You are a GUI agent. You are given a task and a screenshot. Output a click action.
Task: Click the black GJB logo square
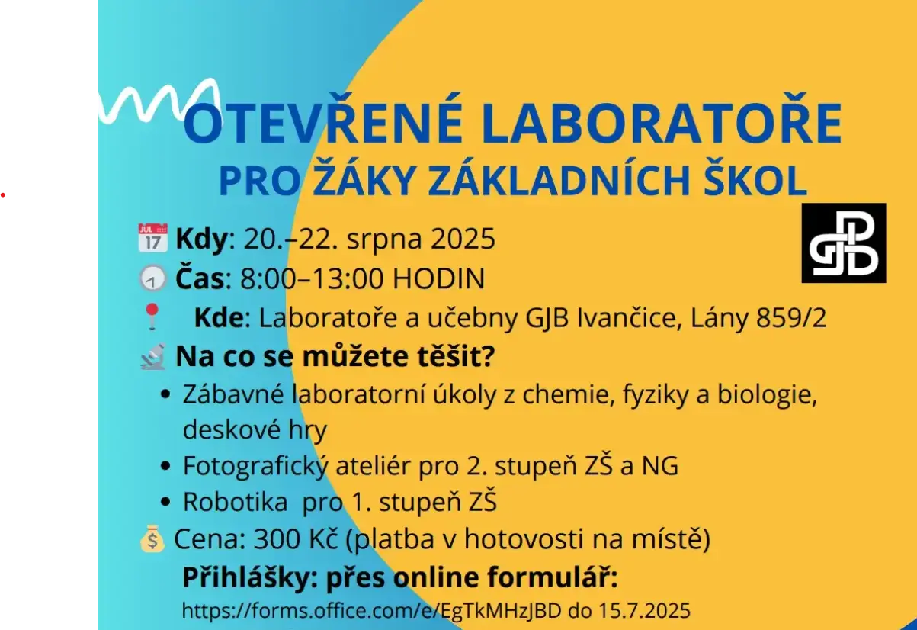click(844, 243)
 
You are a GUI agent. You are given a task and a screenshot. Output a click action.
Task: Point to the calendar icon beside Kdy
click(152, 238)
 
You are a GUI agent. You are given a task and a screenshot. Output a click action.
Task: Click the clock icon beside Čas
click(152, 279)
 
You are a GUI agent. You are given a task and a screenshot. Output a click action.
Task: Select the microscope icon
click(152, 356)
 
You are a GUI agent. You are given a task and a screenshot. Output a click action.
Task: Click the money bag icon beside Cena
click(152, 540)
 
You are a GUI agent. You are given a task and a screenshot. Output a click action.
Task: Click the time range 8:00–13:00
click(312, 279)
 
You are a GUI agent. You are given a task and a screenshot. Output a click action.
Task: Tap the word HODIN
click(438, 279)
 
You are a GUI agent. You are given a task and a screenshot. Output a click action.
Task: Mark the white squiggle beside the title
click(156, 101)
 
